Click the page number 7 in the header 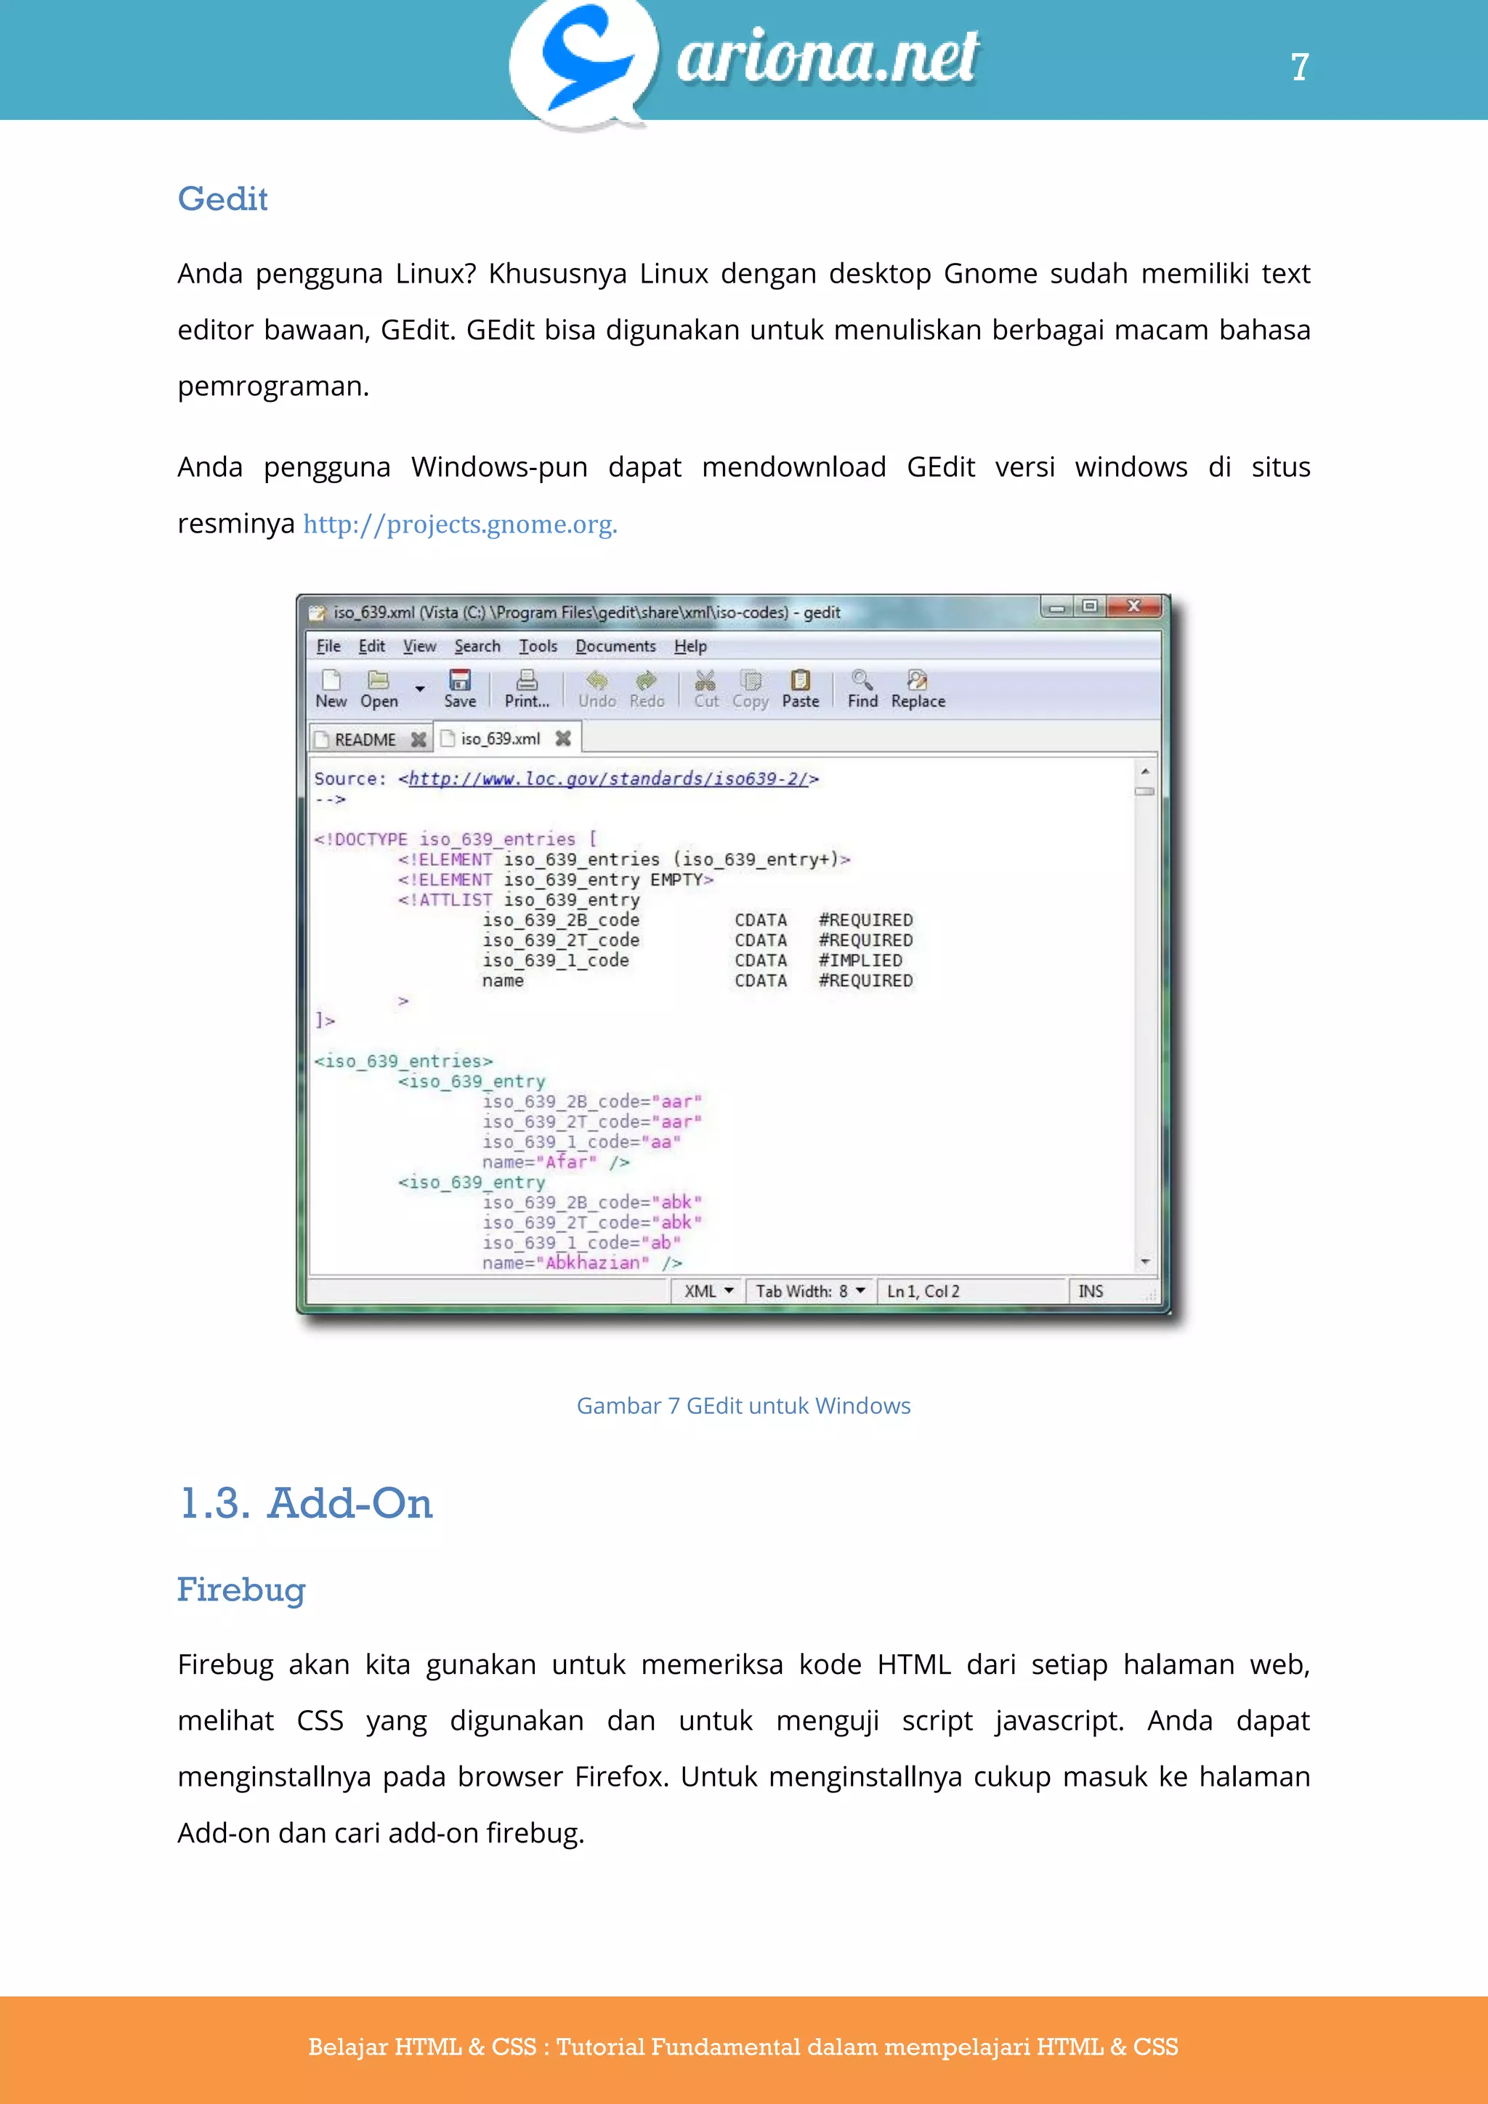[1299, 67]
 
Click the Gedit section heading [222, 199]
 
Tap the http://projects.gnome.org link [460, 524]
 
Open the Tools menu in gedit [538, 646]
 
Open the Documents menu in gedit [615, 646]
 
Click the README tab [365, 740]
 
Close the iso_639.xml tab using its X [564, 739]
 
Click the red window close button [1134, 607]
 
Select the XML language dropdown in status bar [708, 1291]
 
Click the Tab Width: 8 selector [810, 1291]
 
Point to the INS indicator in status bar [1091, 1291]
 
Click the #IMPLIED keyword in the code [860, 960]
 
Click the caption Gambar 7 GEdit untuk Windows [743, 1406]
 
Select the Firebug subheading [241, 1590]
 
